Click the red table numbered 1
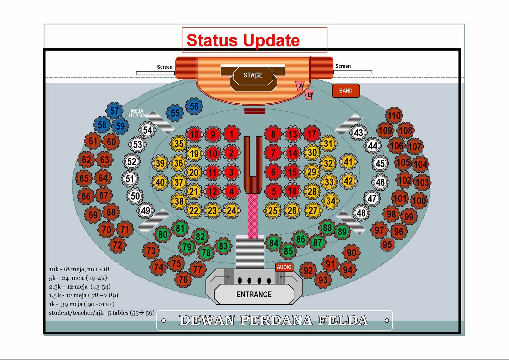tap(231, 134)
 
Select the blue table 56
tap(194, 107)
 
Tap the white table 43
tap(359, 133)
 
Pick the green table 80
tap(163, 235)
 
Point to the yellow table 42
tap(348, 181)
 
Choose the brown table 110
tap(394, 116)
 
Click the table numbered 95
tap(387, 245)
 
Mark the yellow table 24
tap(231, 211)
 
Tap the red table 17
tap(311, 134)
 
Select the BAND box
tap(346, 91)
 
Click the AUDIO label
tap(284, 267)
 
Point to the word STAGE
tap(253, 75)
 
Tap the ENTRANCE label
tap(254, 294)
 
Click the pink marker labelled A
tap(300, 86)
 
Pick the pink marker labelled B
tap(309, 95)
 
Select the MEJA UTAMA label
tap(137, 113)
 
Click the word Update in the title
tap(271, 40)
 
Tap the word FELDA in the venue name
tap(343, 320)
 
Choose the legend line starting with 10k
tap(79, 269)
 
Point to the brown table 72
tap(117, 245)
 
